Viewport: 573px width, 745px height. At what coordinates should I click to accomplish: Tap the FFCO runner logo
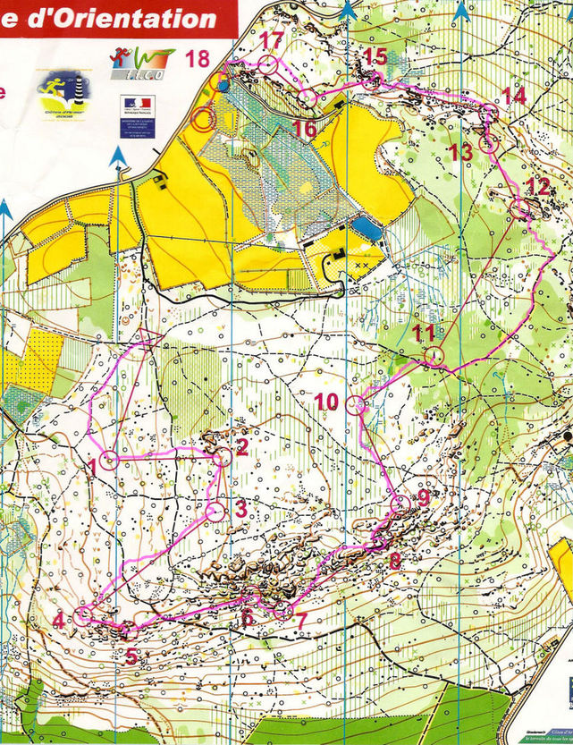tap(141, 63)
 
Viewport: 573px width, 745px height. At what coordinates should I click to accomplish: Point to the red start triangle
tap(150, 338)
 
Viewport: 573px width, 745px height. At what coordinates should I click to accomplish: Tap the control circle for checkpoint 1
tap(109, 461)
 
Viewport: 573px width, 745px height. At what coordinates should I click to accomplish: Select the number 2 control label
tap(240, 444)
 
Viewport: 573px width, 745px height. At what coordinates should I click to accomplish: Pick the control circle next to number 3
tap(215, 512)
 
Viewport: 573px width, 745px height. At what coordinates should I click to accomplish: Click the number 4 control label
tap(59, 621)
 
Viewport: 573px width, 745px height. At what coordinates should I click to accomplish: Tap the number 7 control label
tap(301, 619)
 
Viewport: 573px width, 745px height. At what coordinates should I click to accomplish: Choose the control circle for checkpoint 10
tap(356, 404)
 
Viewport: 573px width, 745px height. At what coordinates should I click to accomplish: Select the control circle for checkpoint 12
tap(519, 208)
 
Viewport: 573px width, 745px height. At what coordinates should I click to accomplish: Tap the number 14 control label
tap(514, 96)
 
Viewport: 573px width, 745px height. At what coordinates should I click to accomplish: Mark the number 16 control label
tap(305, 129)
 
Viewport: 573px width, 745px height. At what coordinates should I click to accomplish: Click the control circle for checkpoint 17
tap(268, 63)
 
